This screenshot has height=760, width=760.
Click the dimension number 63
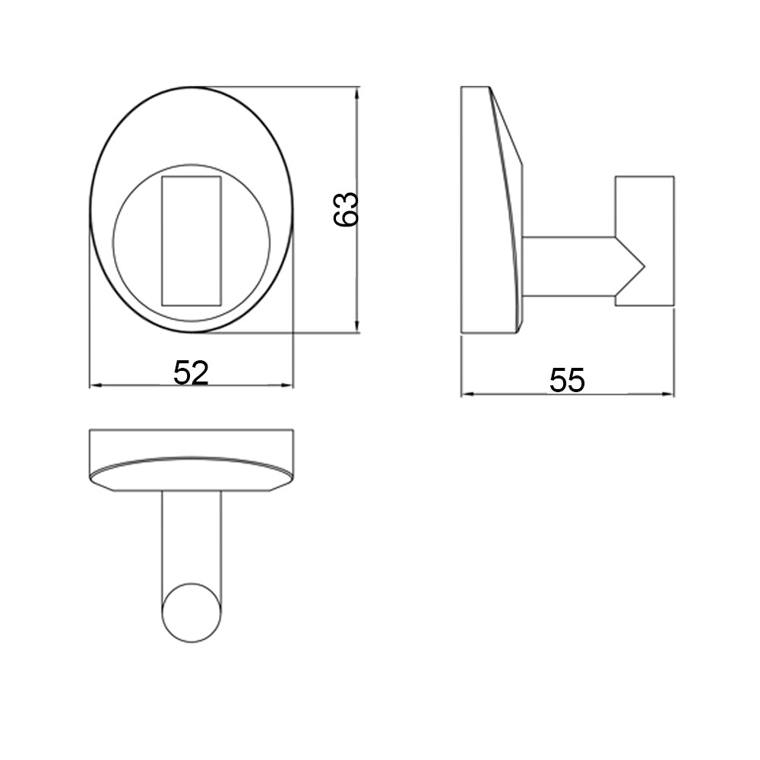point(346,209)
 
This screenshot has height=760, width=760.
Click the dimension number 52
point(191,372)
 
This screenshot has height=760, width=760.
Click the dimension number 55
point(568,380)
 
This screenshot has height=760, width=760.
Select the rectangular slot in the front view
point(192,240)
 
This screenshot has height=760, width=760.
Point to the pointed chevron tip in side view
point(643,265)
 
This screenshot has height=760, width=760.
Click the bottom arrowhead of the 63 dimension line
point(357,328)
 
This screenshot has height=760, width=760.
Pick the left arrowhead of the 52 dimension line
point(94,385)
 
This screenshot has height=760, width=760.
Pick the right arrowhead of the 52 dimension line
point(289,385)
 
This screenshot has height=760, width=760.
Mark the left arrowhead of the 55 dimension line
point(466,394)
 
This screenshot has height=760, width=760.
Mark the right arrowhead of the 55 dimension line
point(670,394)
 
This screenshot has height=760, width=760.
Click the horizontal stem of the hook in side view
point(570,265)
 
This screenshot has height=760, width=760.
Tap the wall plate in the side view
point(486,213)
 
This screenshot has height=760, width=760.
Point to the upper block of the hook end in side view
point(644,205)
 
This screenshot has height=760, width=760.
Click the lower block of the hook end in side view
point(644,293)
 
